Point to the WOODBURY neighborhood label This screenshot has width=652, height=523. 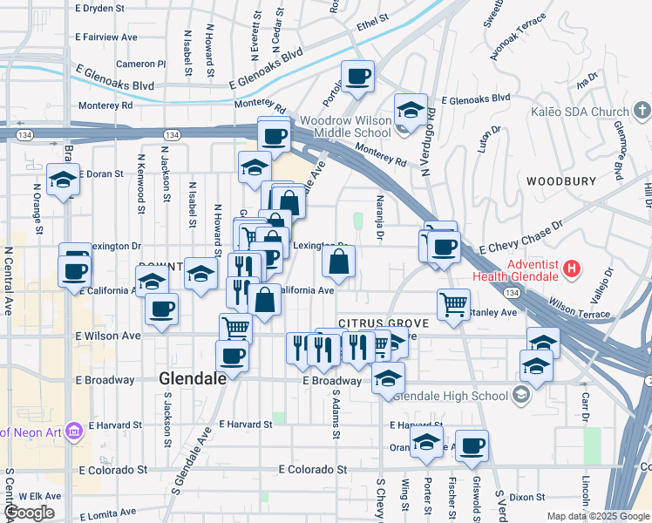(560, 181)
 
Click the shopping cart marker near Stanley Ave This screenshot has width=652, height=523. (453, 305)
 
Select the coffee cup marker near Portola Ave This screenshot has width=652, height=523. (357, 77)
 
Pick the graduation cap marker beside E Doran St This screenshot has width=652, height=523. (64, 180)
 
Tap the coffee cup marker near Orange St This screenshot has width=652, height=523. (472, 446)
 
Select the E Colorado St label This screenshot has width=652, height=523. (313, 469)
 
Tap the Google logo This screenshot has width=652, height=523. (29, 513)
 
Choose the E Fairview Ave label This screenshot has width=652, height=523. (106, 37)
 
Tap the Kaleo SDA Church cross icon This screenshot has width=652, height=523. (642, 111)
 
